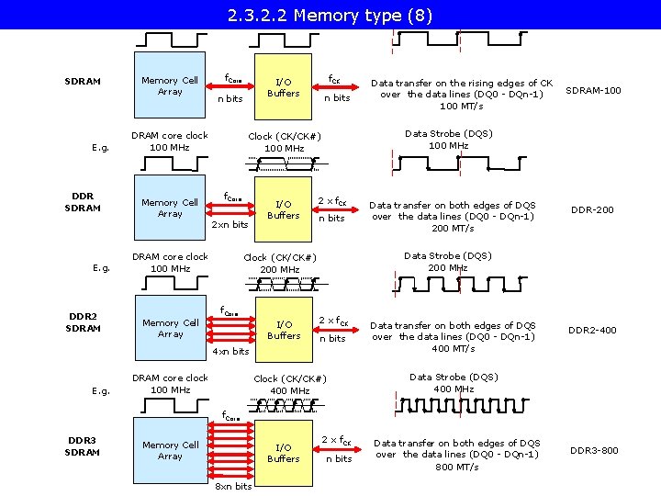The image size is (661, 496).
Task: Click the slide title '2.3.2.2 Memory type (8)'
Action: [x=330, y=16]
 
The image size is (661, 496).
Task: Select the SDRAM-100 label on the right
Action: [x=593, y=90]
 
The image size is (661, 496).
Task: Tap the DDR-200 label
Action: [x=592, y=209]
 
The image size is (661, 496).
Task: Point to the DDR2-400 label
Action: [x=592, y=330]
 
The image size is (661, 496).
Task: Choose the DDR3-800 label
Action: [x=594, y=450]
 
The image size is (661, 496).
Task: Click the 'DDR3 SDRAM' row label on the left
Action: [x=84, y=445]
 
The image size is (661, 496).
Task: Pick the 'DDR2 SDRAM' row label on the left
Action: [x=84, y=322]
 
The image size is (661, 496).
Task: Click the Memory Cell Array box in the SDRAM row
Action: [x=170, y=86]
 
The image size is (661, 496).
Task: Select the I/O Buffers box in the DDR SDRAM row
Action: [x=283, y=209]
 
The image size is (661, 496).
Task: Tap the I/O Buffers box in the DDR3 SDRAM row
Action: [x=283, y=453]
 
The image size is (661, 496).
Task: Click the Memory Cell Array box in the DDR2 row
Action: [x=170, y=329]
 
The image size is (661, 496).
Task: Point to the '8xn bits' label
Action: [x=233, y=486]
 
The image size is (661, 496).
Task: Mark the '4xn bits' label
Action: [x=230, y=351]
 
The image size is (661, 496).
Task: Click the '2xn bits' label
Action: [x=230, y=224]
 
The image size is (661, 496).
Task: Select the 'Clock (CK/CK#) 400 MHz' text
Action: [x=290, y=385]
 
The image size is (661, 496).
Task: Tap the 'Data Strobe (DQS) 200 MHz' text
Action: [x=448, y=262]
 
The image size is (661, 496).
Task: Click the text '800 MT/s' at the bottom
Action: [x=456, y=467]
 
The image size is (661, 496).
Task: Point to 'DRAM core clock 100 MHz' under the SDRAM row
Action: [x=170, y=141]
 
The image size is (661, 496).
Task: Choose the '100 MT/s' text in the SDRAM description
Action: [x=462, y=106]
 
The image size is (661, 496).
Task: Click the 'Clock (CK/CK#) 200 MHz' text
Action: [x=280, y=264]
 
